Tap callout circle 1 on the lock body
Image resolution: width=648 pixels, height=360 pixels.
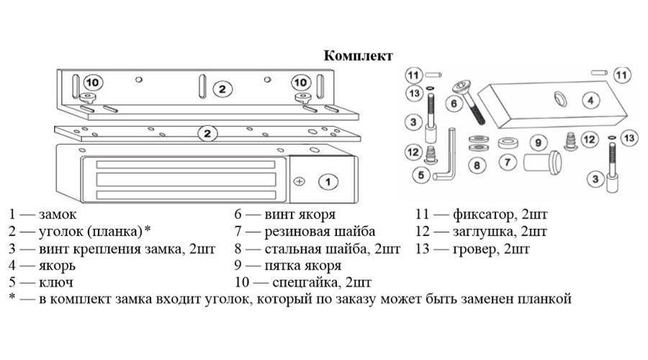point(328,182)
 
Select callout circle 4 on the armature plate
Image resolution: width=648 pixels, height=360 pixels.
point(590,101)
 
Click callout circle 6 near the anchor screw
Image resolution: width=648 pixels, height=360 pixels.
point(453,104)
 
